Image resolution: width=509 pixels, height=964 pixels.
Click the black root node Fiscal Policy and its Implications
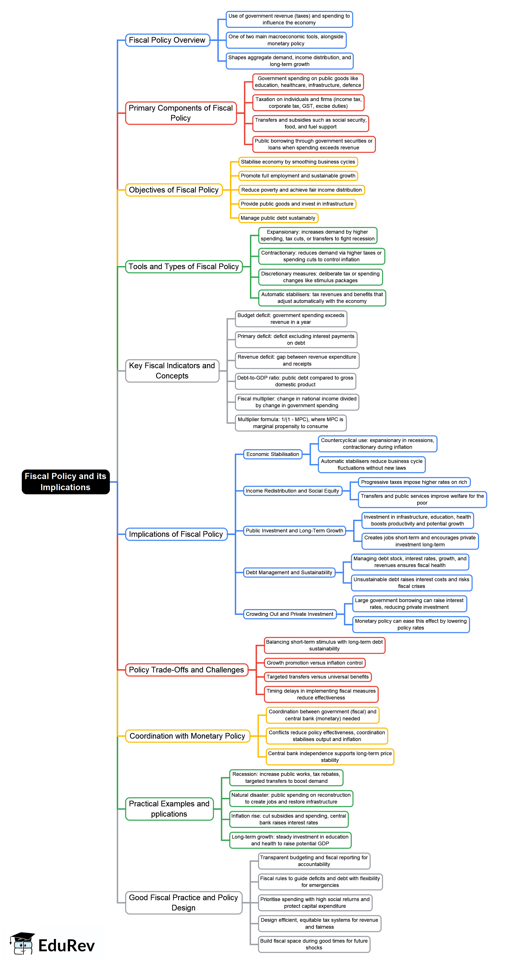[x=66, y=482]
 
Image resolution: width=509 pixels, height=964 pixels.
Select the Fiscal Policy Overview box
[x=167, y=40]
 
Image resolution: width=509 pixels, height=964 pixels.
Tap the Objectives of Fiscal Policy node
[x=174, y=190]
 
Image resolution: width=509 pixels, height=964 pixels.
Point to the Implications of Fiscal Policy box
[x=176, y=534]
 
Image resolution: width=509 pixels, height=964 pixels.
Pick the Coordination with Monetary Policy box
[x=187, y=736]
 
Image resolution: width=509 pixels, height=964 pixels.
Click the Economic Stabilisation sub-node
[x=273, y=454]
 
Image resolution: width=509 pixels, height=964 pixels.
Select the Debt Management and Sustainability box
[x=289, y=572]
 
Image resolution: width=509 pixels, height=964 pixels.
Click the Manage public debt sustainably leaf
[x=278, y=218]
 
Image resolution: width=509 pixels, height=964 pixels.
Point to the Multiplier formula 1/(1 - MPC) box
[x=290, y=423]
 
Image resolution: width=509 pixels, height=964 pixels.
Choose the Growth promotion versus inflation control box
[x=314, y=663]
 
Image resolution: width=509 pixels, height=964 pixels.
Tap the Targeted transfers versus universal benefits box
[x=317, y=677]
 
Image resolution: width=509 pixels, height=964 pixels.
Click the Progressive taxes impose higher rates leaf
[x=414, y=482]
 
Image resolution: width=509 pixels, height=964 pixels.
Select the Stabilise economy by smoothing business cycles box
[x=298, y=162]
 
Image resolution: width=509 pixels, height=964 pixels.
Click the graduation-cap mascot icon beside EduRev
[x=22, y=943]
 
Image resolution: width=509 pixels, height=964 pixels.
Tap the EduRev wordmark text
[x=67, y=946]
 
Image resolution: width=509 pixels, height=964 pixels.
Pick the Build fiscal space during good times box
[x=314, y=944]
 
